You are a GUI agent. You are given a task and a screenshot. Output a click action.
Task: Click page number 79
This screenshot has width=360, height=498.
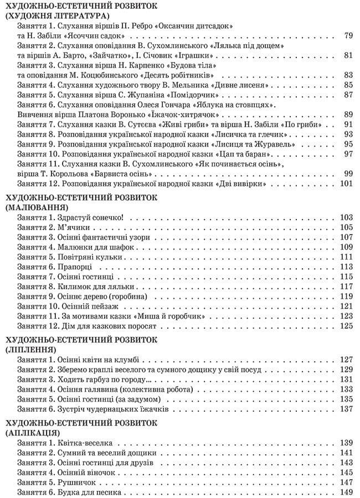click(x=348, y=36)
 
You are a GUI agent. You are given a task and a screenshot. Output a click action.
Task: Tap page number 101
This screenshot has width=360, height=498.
click(x=346, y=184)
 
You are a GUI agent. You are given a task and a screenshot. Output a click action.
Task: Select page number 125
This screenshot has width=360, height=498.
click(x=346, y=326)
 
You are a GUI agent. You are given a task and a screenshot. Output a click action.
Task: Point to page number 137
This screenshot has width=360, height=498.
click(x=346, y=409)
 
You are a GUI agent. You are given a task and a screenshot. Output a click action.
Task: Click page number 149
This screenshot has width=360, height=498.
click(x=346, y=492)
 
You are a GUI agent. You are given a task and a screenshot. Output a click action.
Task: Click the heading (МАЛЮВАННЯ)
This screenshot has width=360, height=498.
click(x=32, y=207)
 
